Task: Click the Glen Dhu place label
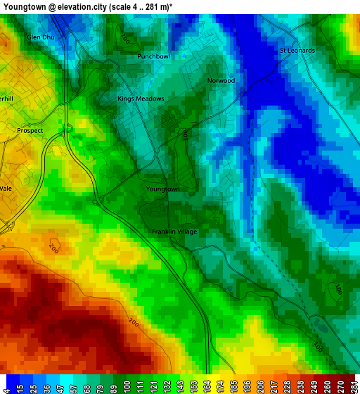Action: pos(40,37)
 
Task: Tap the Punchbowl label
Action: pos(153,56)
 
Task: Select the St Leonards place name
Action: pos(297,51)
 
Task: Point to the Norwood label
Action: pos(221,80)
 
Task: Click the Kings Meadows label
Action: pos(141,99)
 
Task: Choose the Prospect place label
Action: pos(30,131)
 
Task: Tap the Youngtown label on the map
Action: pos(163,189)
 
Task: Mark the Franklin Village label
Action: pos(174,231)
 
